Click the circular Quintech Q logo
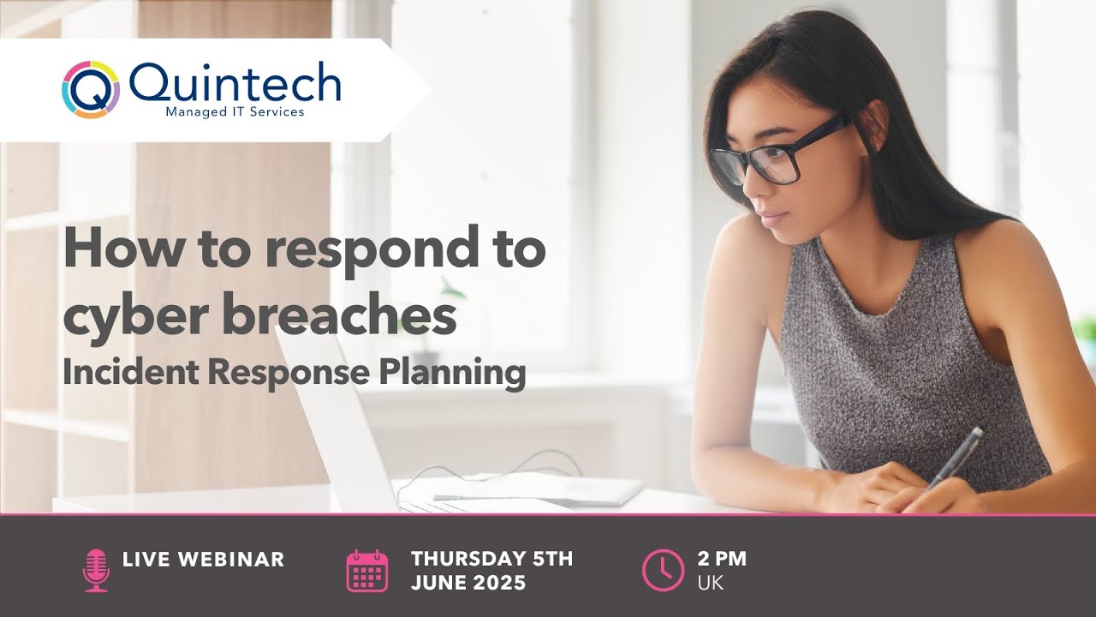tap(90, 88)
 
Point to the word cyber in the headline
tap(134, 315)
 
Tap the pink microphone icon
tap(96, 570)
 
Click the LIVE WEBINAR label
tap(203, 560)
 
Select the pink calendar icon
tap(367, 572)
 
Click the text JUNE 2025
tap(468, 583)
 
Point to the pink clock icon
tap(663, 571)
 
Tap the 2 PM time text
tap(722, 560)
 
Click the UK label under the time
tap(710, 583)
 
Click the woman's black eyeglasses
tap(771, 154)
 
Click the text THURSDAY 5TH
tap(491, 560)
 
